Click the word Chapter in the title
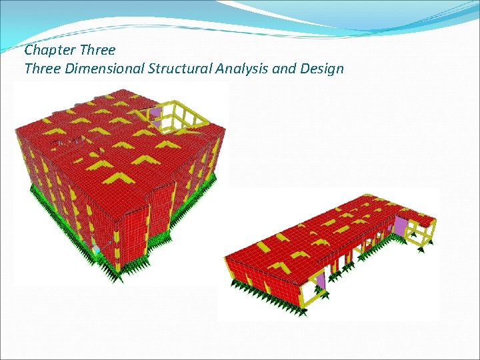(x=49, y=50)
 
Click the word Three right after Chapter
(x=97, y=50)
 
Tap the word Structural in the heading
(x=185, y=68)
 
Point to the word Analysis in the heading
(x=243, y=68)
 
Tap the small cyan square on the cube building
(x=95, y=249)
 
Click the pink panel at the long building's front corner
(x=320, y=281)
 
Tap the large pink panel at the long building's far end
(x=401, y=227)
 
